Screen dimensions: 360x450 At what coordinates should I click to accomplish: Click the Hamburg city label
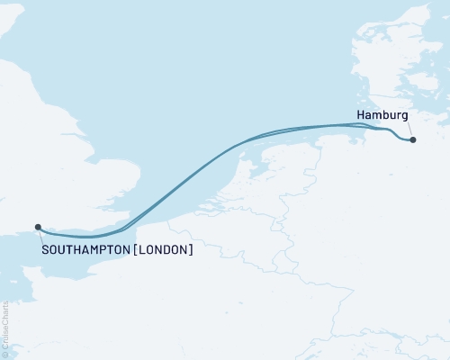[x=382, y=116]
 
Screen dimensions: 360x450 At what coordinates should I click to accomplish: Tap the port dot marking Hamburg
[x=412, y=139]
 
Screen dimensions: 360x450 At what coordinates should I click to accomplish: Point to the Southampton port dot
[x=37, y=227]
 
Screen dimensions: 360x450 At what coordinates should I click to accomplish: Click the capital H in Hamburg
[x=361, y=116]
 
